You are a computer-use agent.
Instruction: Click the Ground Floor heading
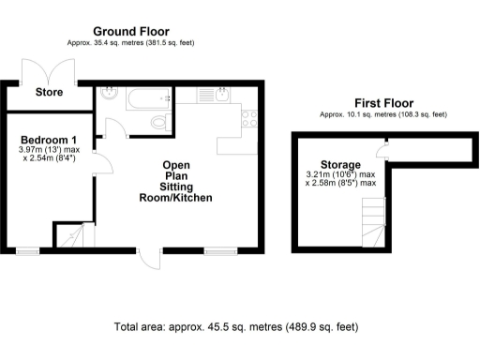coord(131,31)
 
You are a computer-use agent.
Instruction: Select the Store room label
coord(49,93)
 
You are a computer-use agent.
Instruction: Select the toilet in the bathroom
coord(159,122)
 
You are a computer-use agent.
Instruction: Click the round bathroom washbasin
coord(111,94)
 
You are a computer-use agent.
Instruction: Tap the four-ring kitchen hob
coord(248,119)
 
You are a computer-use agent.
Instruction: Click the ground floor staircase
coord(70,238)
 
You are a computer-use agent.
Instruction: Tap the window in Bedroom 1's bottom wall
coord(26,250)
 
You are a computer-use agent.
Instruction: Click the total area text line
coord(235,327)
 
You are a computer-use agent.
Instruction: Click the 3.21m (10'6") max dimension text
coord(341,173)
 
